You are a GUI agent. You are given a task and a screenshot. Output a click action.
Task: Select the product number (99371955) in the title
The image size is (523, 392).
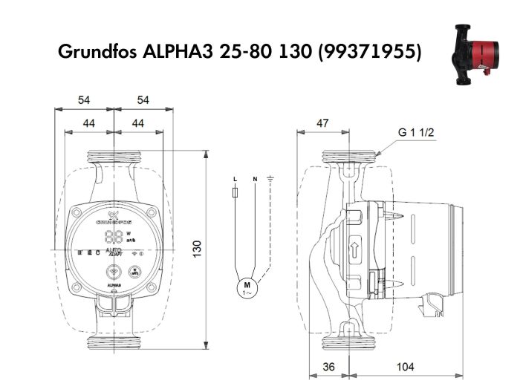[x=368, y=53]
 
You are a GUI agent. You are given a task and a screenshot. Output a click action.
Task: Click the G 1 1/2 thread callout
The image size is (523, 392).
[x=415, y=133]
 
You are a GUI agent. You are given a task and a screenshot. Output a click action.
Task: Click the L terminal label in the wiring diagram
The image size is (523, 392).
[x=235, y=180]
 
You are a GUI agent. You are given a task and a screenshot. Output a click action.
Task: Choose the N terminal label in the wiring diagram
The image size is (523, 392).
[x=255, y=180]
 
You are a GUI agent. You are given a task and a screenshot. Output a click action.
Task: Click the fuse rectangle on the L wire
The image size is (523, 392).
[x=235, y=194]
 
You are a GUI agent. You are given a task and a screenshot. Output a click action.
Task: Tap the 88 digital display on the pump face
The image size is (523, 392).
[x=114, y=238]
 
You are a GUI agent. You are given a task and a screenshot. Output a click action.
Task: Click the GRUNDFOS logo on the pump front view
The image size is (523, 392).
[x=114, y=221]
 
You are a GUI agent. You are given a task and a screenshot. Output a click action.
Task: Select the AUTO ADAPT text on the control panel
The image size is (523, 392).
[x=114, y=254]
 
